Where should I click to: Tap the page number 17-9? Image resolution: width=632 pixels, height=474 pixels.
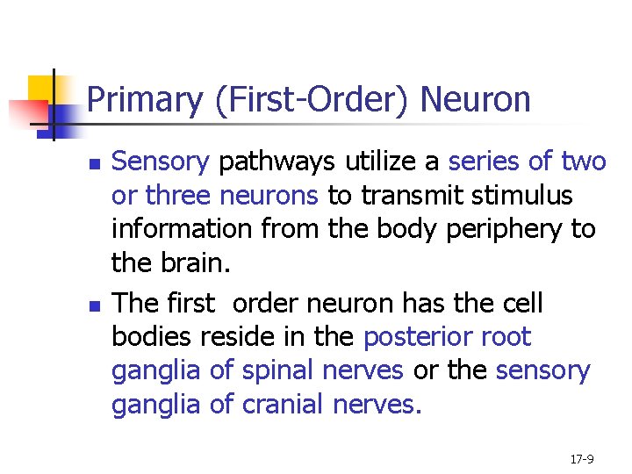click(582, 459)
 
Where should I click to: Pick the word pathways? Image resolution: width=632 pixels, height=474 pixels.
click(277, 162)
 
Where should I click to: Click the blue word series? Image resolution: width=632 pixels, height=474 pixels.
click(486, 162)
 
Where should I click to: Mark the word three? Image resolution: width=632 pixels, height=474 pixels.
click(179, 195)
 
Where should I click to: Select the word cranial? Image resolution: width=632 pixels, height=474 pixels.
click(282, 405)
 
